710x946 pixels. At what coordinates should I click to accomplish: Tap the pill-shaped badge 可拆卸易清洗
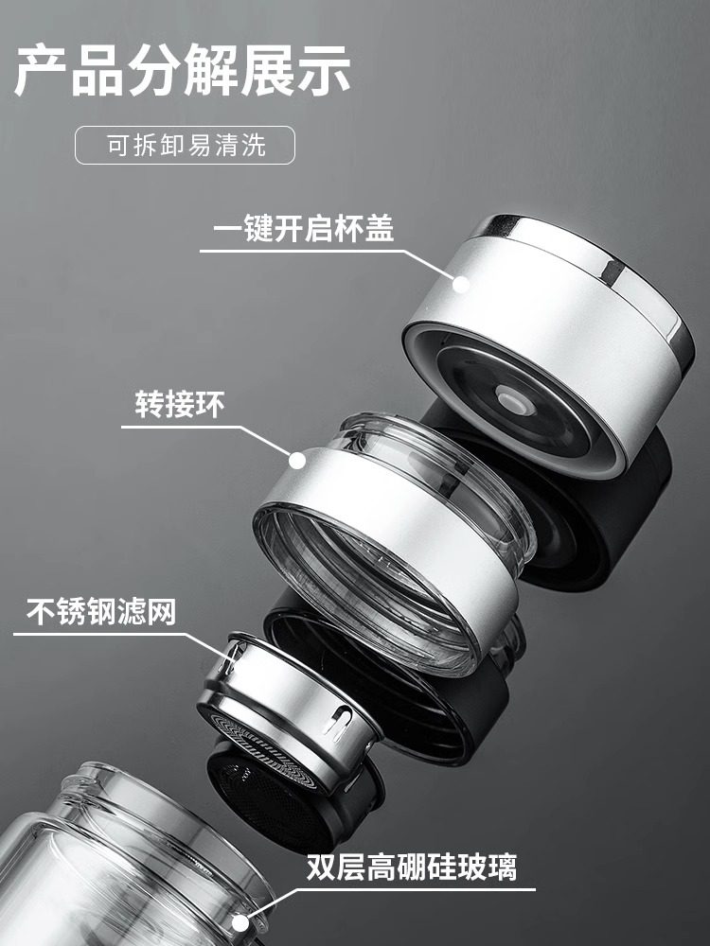(186, 146)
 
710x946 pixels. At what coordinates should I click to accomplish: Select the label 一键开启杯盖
(296, 230)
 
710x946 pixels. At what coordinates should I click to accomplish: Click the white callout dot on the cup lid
(461, 282)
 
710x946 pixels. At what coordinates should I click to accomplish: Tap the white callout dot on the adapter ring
(297, 461)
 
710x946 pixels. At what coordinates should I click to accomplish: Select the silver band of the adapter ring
(398, 530)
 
